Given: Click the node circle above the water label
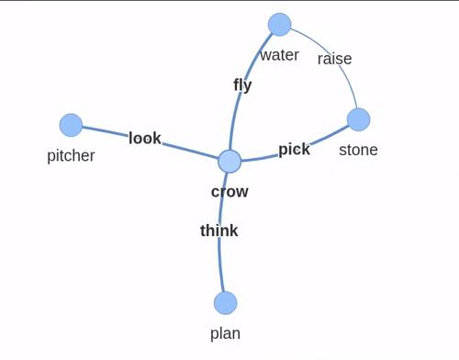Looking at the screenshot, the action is pos(279,25).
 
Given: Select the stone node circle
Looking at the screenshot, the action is pos(358,119).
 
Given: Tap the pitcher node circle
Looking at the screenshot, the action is pos(71,125).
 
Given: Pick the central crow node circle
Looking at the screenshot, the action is pos(229,162).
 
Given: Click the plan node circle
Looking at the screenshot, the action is pos(225,303).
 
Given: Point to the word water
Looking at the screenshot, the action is pos(279,55).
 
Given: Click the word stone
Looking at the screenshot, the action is pos(358,150).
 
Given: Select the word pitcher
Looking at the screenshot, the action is pos(71,156).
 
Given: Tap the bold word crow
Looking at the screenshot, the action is pos(229,192).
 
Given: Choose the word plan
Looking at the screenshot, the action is pos(225,333).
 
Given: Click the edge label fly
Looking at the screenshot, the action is pos(242,85).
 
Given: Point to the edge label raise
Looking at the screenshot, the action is pos(334,59).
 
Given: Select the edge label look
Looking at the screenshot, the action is pos(145,138).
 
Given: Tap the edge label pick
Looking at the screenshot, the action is pos(295,150).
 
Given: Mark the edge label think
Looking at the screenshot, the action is pos(219,231).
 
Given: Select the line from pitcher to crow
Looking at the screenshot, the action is pos(150,142).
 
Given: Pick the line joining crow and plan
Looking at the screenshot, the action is pos(219,232).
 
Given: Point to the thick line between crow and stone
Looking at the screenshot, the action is pos(296,149).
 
